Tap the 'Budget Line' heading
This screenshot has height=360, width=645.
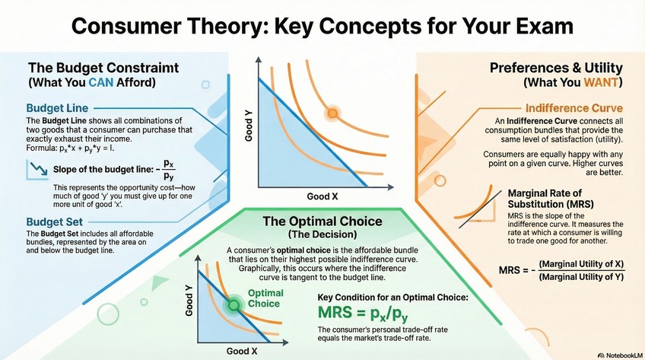tap(56, 107)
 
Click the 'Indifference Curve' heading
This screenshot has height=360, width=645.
tap(574, 108)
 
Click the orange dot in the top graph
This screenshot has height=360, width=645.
tap(332, 114)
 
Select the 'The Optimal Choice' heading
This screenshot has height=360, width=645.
tap(322, 221)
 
